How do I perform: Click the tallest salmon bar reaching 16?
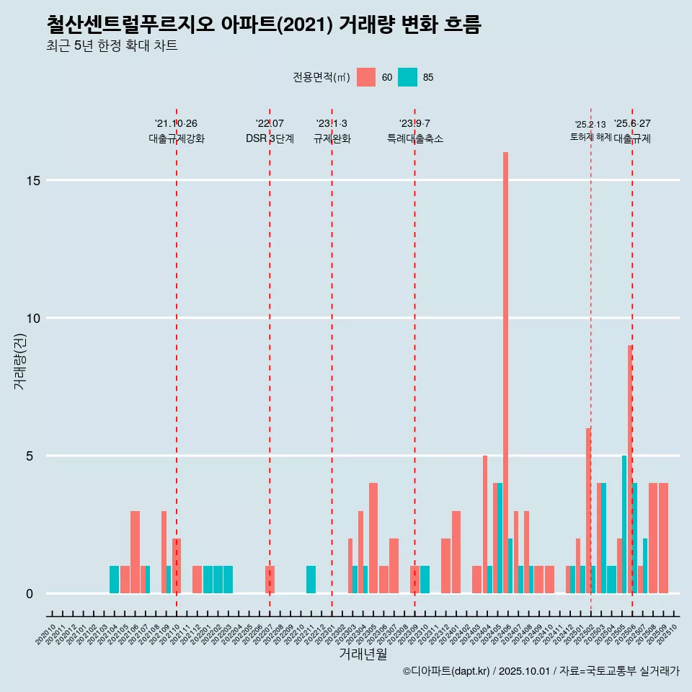click(506, 373)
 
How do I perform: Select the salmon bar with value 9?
click(630, 469)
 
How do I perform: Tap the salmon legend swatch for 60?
click(366, 77)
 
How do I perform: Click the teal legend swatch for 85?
click(408, 77)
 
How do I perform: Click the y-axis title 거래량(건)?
click(19, 361)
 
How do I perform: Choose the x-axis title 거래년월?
click(363, 654)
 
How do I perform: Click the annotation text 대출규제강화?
click(177, 138)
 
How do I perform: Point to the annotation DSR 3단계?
click(270, 138)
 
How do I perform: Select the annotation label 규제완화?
click(332, 138)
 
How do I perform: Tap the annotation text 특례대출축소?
click(414, 138)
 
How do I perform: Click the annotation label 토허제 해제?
click(591, 137)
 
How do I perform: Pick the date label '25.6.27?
click(632, 123)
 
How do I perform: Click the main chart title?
click(263, 25)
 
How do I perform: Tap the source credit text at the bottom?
click(541, 671)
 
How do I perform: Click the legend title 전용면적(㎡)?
click(321, 77)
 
